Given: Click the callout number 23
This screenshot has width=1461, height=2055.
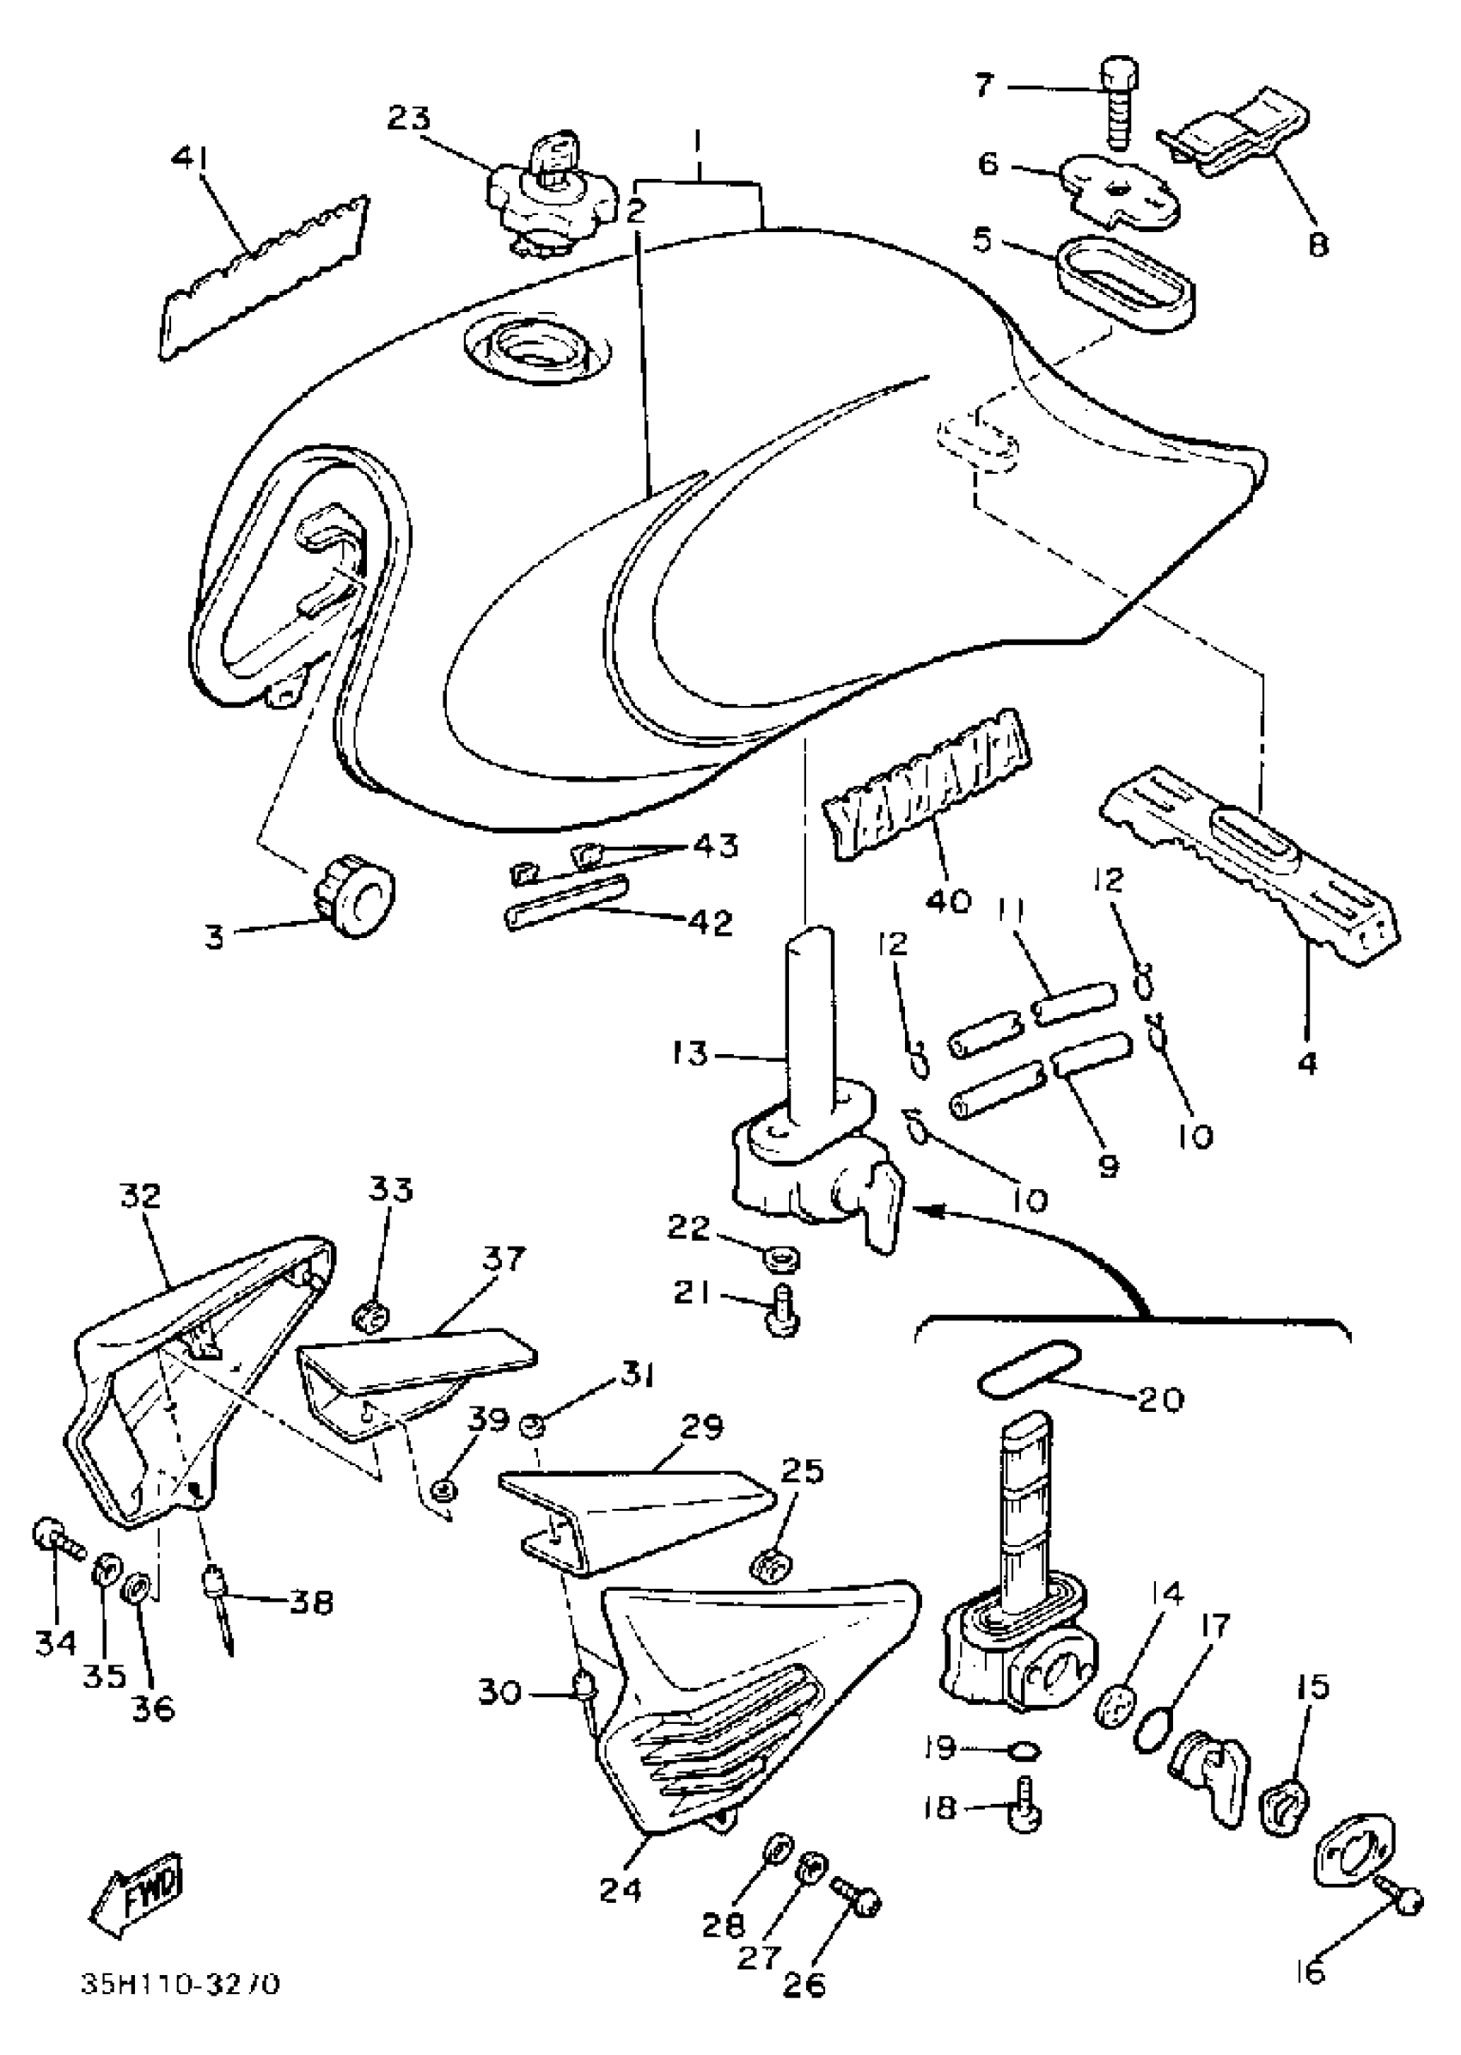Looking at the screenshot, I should click(409, 118).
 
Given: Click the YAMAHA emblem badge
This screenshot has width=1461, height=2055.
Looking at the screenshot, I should click(926, 783).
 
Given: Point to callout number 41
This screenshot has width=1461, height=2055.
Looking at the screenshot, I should click(190, 159).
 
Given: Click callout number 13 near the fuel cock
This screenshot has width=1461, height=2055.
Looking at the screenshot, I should click(690, 1053).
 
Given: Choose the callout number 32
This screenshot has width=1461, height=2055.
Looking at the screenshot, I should click(140, 1195).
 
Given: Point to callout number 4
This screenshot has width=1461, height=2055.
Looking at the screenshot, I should click(1307, 1063).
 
